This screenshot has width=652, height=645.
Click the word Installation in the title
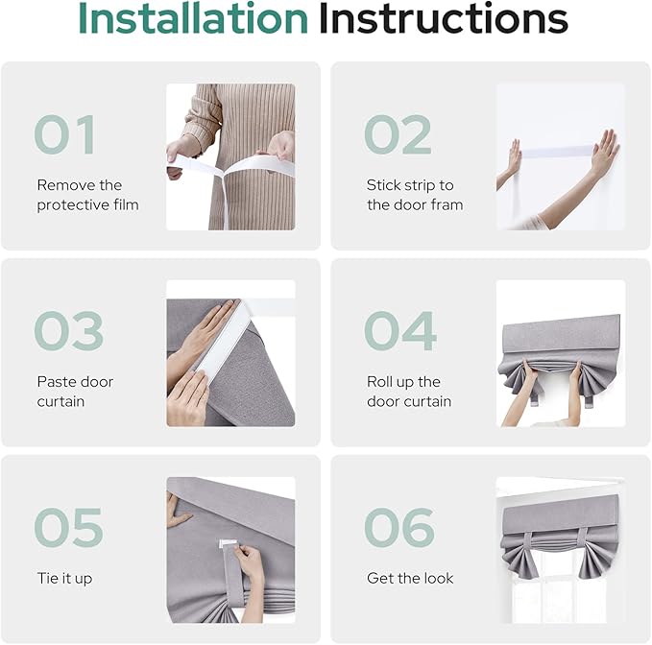point(192,18)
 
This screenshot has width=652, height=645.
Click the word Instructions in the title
point(443,18)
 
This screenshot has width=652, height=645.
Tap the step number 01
point(64,135)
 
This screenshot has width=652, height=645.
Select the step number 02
point(398,135)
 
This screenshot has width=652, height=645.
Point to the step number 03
point(68,332)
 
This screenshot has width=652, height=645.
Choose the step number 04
point(399,332)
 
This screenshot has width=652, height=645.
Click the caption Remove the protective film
point(87,195)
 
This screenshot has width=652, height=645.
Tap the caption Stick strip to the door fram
point(415,195)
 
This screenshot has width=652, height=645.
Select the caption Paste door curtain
point(75,392)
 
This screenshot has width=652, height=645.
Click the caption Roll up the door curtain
point(409,392)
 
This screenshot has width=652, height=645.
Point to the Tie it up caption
point(64,579)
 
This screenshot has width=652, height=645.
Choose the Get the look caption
point(410,579)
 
